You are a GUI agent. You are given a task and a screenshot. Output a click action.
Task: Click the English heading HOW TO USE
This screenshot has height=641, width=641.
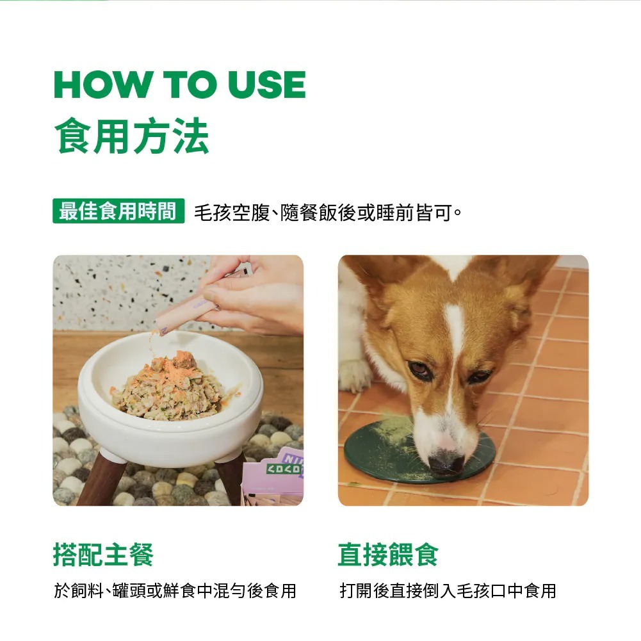(180, 85)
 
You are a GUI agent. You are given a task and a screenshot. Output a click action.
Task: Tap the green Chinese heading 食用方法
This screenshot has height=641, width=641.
(132, 135)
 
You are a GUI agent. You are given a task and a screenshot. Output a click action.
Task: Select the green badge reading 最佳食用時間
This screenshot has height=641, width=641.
(118, 211)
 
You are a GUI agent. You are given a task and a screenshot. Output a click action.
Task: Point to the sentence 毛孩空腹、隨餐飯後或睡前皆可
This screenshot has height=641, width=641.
(328, 212)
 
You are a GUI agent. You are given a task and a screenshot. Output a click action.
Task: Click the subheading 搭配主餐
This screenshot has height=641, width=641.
(104, 555)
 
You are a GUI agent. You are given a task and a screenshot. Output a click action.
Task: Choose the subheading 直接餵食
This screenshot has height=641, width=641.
(388, 555)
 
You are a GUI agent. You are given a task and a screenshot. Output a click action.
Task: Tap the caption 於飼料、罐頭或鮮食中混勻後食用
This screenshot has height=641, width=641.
(175, 590)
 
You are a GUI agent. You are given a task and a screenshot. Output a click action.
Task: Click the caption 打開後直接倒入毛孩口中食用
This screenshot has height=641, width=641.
(448, 590)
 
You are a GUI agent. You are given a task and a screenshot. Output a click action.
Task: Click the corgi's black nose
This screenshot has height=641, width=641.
(446, 464)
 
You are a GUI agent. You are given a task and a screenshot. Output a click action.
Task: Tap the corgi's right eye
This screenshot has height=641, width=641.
(479, 376)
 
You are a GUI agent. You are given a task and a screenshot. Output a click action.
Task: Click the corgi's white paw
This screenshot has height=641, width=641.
(354, 375)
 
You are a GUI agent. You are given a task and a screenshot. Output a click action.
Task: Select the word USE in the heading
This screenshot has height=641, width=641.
(267, 85)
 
